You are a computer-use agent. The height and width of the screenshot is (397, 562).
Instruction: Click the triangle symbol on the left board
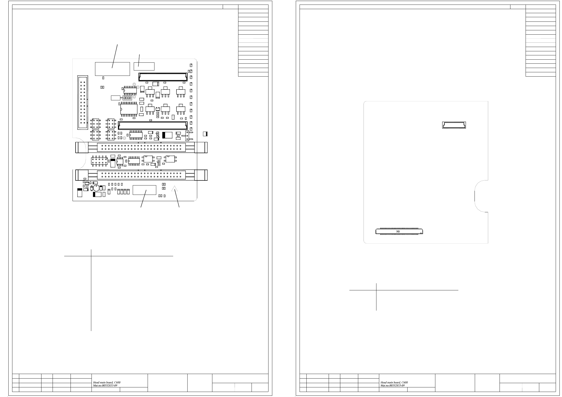click(x=174, y=188)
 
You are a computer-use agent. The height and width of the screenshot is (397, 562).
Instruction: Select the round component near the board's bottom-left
click(x=96, y=188)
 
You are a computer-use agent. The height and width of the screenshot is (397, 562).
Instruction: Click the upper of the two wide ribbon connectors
click(x=141, y=147)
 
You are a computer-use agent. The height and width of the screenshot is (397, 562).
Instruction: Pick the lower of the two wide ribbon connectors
click(x=141, y=175)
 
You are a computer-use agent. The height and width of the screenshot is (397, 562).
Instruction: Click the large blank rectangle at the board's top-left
click(x=112, y=69)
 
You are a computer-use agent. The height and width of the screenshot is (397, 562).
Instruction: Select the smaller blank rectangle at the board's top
click(x=144, y=66)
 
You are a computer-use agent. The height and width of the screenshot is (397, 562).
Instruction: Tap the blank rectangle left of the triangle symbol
click(x=144, y=190)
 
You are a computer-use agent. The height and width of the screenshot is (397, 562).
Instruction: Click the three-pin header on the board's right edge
click(x=187, y=136)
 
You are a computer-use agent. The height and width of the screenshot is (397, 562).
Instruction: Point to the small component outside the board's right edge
click(x=205, y=134)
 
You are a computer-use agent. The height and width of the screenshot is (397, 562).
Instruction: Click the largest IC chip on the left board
click(x=129, y=109)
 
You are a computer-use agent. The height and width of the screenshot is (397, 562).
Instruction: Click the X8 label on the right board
click(x=398, y=231)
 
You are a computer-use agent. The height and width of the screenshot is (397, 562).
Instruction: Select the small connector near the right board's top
click(x=454, y=125)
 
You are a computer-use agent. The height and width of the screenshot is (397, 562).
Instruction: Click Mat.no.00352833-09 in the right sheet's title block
click(x=392, y=385)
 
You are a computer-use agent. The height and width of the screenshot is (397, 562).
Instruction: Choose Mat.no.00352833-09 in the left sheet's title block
click(x=105, y=385)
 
